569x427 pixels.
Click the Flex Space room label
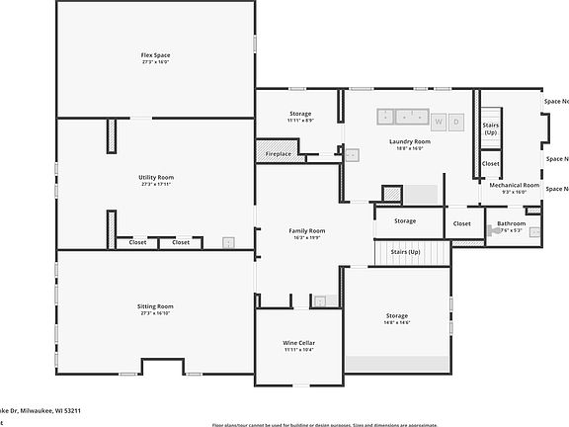pos(155,53)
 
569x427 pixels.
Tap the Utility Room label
pos(155,177)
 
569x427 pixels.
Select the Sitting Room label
pos(155,306)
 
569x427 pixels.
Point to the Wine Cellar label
pos(298,343)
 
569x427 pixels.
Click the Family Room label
pos(306,230)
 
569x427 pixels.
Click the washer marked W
pos(438,122)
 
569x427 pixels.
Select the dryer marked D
pos(455,122)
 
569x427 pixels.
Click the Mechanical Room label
pos(514,185)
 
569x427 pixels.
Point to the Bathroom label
pos(511,223)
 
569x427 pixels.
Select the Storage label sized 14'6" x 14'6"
pos(397,316)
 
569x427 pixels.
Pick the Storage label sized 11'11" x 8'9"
pos(300,114)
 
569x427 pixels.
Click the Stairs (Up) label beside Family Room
pos(406,252)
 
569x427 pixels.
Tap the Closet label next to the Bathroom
pos(461,223)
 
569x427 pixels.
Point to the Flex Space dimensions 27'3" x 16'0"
pos(155,61)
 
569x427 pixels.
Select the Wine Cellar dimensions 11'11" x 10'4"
pos(298,351)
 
